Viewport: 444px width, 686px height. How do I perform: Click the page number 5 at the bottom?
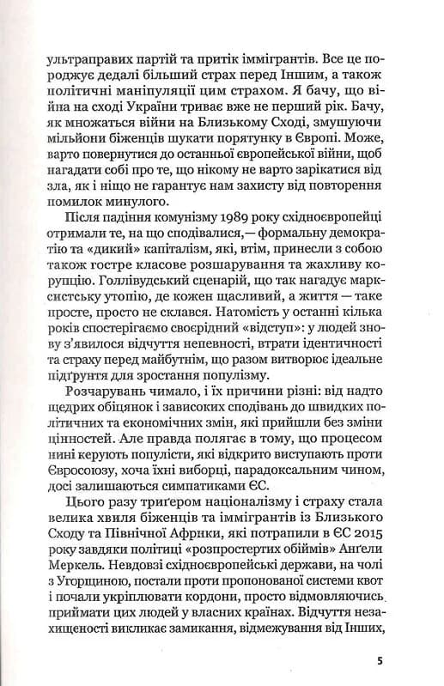(380, 662)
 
